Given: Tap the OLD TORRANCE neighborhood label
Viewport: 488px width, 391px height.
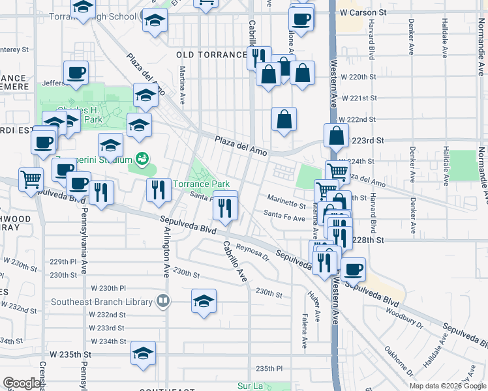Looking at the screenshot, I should [x=211, y=55].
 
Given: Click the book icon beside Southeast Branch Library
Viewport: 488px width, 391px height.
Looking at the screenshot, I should [x=163, y=302].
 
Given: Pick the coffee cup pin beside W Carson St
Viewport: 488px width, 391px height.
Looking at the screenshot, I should [x=301, y=19].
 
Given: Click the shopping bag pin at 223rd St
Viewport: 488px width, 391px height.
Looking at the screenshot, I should [x=335, y=136].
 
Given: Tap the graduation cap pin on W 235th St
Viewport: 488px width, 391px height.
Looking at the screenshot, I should [x=143, y=354].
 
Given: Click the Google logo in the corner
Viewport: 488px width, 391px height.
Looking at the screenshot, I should [x=22, y=383].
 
